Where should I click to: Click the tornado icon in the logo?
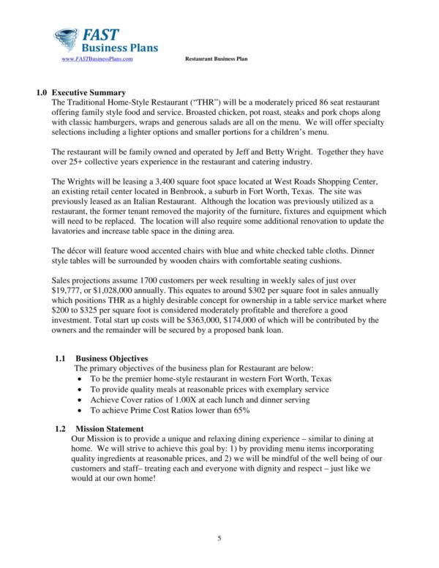(67, 39)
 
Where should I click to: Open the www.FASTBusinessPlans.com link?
(97, 59)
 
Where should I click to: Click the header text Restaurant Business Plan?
(216, 59)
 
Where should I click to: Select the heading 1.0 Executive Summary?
(81, 93)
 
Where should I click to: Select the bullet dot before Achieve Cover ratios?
(80, 400)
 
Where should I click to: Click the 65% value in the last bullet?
(241, 411)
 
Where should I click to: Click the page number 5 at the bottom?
(219, 539)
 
